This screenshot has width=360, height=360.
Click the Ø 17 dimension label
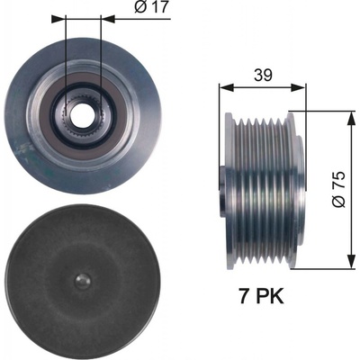[151, 7]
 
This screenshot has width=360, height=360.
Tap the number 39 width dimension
[263, 76]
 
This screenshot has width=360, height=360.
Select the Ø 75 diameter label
[338, 190]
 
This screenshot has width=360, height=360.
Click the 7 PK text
[261, 296]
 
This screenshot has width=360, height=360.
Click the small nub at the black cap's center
[83, 282]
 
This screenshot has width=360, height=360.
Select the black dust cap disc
[83, 281]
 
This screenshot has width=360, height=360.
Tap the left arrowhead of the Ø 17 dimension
[58, 19]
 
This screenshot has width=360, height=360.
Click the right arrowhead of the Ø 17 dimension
[108, 19]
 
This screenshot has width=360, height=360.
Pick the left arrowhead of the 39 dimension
[227, 87]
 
